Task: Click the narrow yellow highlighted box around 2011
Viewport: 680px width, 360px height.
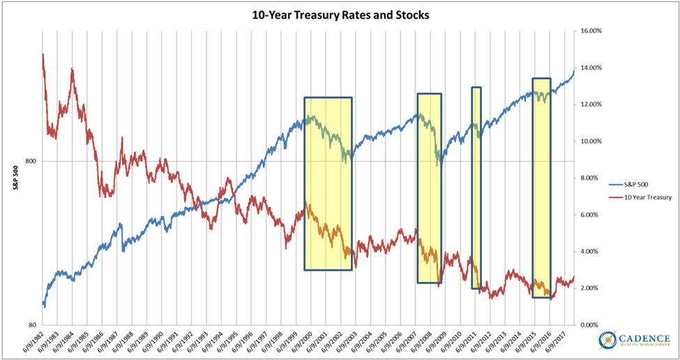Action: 476,187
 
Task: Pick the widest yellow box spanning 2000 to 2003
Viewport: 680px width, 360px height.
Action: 328,183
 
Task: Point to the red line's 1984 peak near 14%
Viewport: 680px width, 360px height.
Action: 72,70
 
